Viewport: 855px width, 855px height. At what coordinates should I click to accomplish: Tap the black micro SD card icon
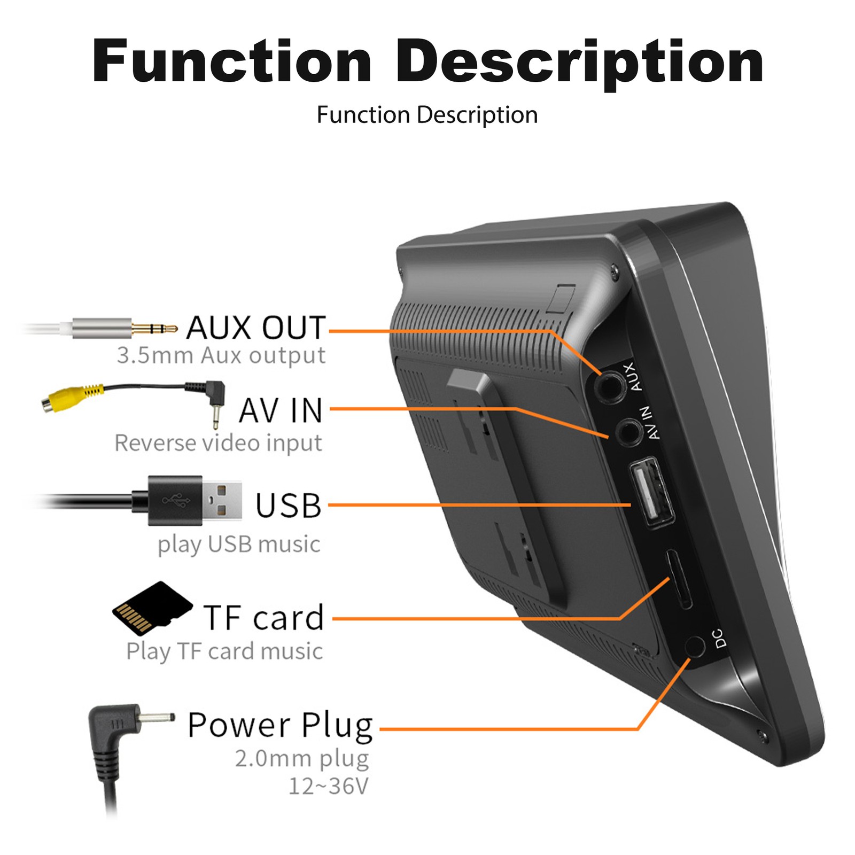coord(152,608)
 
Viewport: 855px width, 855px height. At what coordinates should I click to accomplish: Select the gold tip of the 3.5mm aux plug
coord(154,328)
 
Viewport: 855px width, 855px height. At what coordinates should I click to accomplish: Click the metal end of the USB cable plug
coord(222,500)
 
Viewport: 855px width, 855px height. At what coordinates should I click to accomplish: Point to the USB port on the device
coord(651,492)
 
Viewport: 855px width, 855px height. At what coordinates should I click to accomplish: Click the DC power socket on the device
coord(695,647)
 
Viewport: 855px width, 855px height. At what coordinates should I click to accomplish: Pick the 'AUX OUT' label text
coord(256,328)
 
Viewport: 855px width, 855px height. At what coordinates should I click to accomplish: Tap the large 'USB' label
coord(289,505)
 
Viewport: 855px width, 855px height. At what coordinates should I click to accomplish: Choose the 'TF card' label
coord(264,618)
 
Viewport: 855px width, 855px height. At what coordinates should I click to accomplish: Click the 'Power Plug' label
coord(280,726)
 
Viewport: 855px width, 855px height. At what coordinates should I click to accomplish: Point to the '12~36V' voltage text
coord(329,786)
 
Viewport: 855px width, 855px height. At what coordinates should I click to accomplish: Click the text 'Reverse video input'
coord(219,443)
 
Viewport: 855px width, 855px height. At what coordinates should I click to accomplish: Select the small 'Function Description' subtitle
coord(427,115)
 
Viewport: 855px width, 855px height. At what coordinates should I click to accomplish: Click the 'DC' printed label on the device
coord(719,638)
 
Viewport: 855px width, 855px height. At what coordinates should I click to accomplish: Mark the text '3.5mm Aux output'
coord(221,355)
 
